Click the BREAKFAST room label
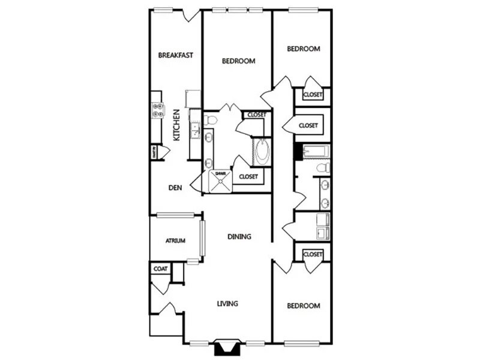[x=175, y=56]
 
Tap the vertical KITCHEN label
[x=176, y=125]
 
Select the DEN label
[x=175, y=188]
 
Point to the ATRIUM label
[x=175, y=241]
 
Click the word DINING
[x=239, y=236]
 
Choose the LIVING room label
[x=227, y=304]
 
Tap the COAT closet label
[x=160, y=269]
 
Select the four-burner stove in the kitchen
[x=158, y=109]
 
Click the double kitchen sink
[x=194, y=128]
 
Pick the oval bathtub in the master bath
[x=262, y=152]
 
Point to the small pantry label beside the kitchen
[x=154, y=152]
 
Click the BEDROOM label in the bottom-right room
[x=303, y=306]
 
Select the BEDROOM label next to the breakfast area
[x=239, y=61]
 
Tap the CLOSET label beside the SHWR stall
[x=248, y=176]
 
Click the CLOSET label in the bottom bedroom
[x=313, y=254]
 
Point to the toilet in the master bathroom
[x=209, y=121]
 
